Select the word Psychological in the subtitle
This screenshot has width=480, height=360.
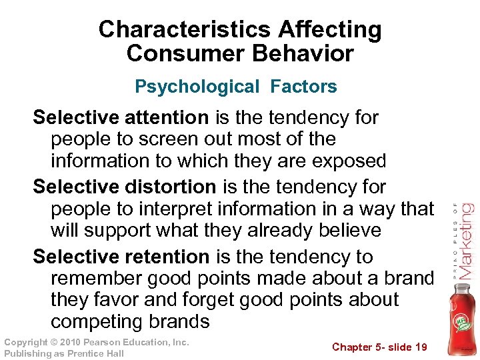click(197, 87)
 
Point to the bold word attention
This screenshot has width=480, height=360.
click(167, 118)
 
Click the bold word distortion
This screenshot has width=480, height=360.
click(170, 187)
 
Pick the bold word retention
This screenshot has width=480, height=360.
click(167, 257)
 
